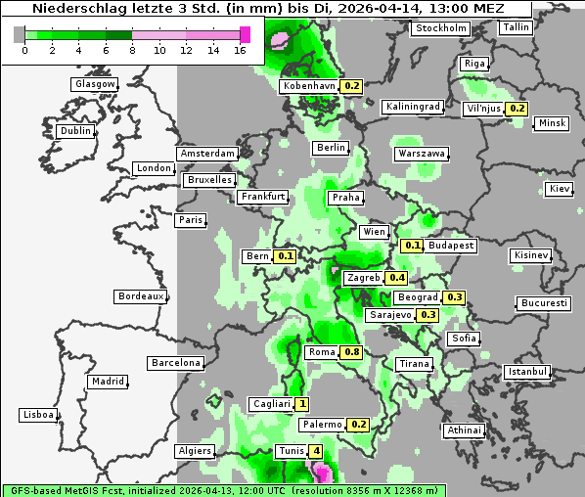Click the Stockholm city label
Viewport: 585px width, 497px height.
[x=440, y=28]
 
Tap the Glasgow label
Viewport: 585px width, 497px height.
[x=95, y=84]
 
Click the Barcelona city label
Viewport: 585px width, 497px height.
[x=176, y=363]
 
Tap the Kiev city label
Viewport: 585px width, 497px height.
[x=560, y=188]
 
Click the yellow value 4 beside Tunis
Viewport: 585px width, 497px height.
[x=315, y=451]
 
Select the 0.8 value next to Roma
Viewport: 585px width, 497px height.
[x=352, y=352]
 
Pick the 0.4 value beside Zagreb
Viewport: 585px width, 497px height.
[x=396, y=278]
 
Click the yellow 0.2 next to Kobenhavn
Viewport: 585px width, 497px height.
[x=352, y=86]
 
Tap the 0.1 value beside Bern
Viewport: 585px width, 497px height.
[x=286, y=256]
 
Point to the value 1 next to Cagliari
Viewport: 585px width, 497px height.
[x=302, y=404]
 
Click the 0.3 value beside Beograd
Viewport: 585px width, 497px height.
[x=454, y=297]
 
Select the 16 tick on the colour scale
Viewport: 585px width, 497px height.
[x=240, y=50]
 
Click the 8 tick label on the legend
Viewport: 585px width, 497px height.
[x=132, y=50]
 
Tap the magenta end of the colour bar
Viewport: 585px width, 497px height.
[x=245, y=34]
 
